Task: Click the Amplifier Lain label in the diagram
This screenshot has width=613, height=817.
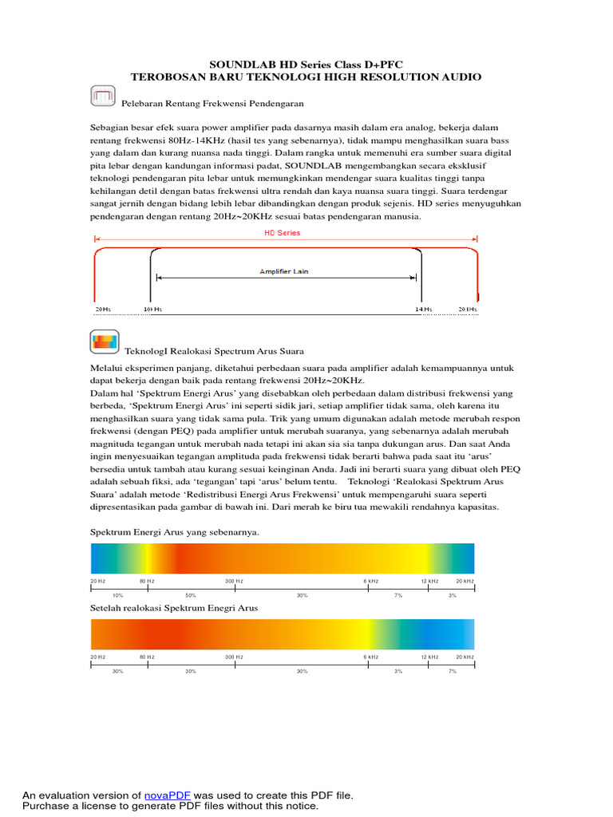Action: (283, 271)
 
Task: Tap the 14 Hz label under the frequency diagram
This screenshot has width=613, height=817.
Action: (423, 309)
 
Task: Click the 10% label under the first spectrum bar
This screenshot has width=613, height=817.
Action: (117, 596)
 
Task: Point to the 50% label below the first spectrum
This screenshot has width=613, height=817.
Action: (191, 596)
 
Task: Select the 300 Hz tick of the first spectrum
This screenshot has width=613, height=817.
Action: (234, 582)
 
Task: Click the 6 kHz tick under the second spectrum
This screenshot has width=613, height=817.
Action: (370, 657)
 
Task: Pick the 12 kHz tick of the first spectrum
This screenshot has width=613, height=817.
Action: (430, 582)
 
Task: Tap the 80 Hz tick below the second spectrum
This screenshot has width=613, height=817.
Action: (147, 657)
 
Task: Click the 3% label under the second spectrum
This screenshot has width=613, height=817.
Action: (398, 672)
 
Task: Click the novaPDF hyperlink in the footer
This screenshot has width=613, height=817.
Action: (168, 795)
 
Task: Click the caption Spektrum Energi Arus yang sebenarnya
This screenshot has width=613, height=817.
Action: (174, 532)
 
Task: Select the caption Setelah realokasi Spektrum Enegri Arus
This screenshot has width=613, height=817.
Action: (173, 608)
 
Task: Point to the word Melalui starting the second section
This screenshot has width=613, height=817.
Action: (107, 368)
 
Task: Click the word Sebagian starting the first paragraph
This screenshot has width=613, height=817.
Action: (112, 127)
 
